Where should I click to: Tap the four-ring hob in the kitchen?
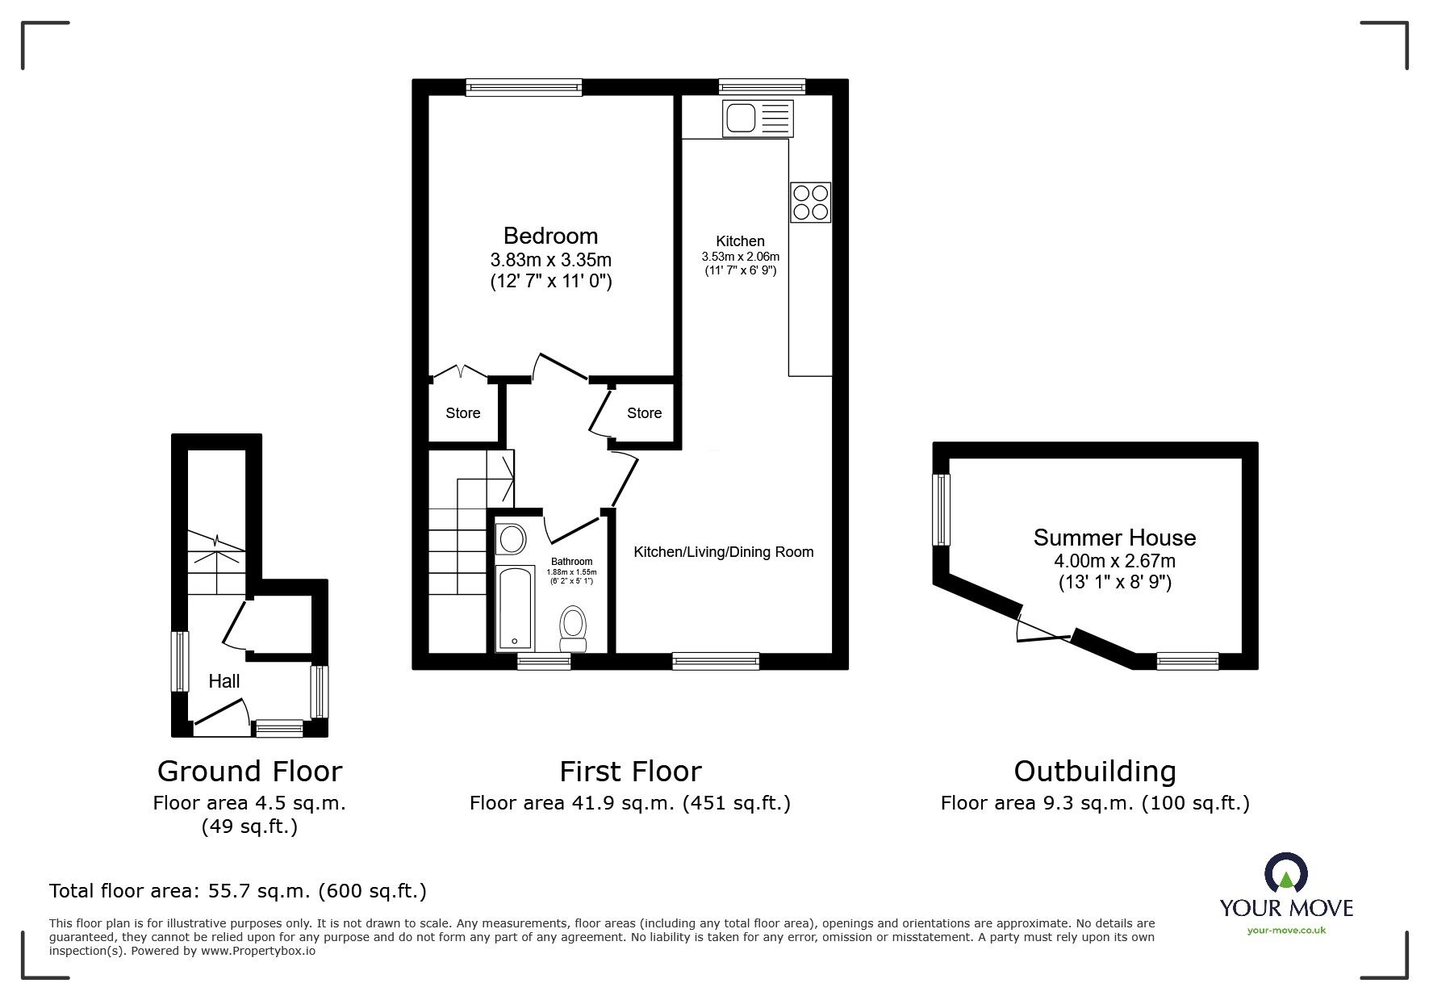810,203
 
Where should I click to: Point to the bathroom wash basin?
511,538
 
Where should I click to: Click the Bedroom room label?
550,236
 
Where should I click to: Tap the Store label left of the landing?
463,413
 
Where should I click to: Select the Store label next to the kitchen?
644,413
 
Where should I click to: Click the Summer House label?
1114,538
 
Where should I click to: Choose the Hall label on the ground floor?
224,681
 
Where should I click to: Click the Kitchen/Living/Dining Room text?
723,552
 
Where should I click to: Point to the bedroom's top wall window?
524,87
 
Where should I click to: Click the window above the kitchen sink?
762,87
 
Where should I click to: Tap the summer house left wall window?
941,509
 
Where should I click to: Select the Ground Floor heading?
249,772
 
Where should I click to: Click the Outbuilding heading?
1094,772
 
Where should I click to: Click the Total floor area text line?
238,891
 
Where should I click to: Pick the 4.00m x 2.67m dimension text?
1114,561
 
